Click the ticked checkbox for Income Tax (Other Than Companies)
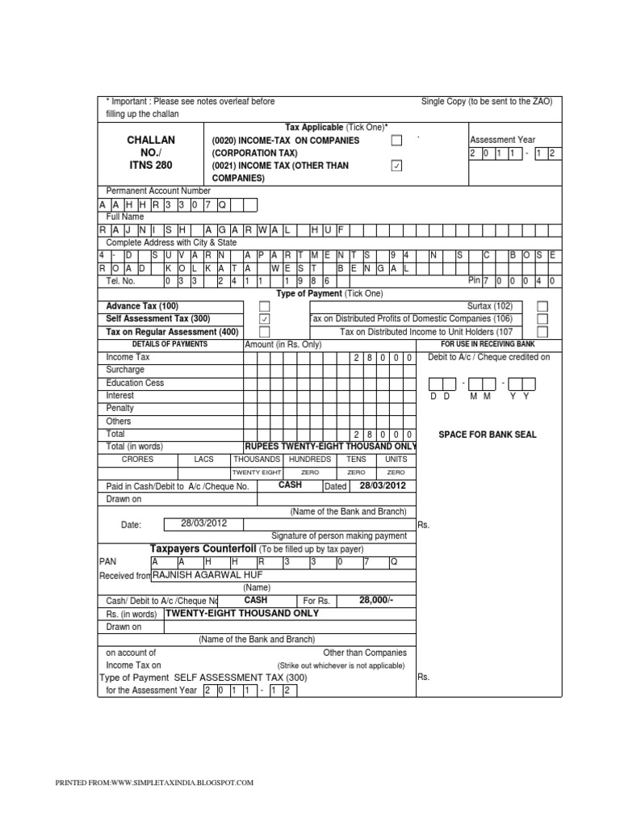point(396,166)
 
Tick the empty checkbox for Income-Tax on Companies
point(396,141)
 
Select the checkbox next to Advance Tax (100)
point(264,307)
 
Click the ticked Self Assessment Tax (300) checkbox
point(264,319)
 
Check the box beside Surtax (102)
point(542,307)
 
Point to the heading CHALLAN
point(151,140)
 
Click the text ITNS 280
point(151,165)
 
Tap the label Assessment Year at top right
point(502,140)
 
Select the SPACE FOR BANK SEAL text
point(487,434)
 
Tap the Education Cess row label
point(134,383)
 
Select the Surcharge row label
point(125,370)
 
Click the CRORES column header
point(137,459)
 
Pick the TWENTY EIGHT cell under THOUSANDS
point(257,472)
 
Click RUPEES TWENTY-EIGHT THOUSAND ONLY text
point(329,446)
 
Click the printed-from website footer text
point(153,783)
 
